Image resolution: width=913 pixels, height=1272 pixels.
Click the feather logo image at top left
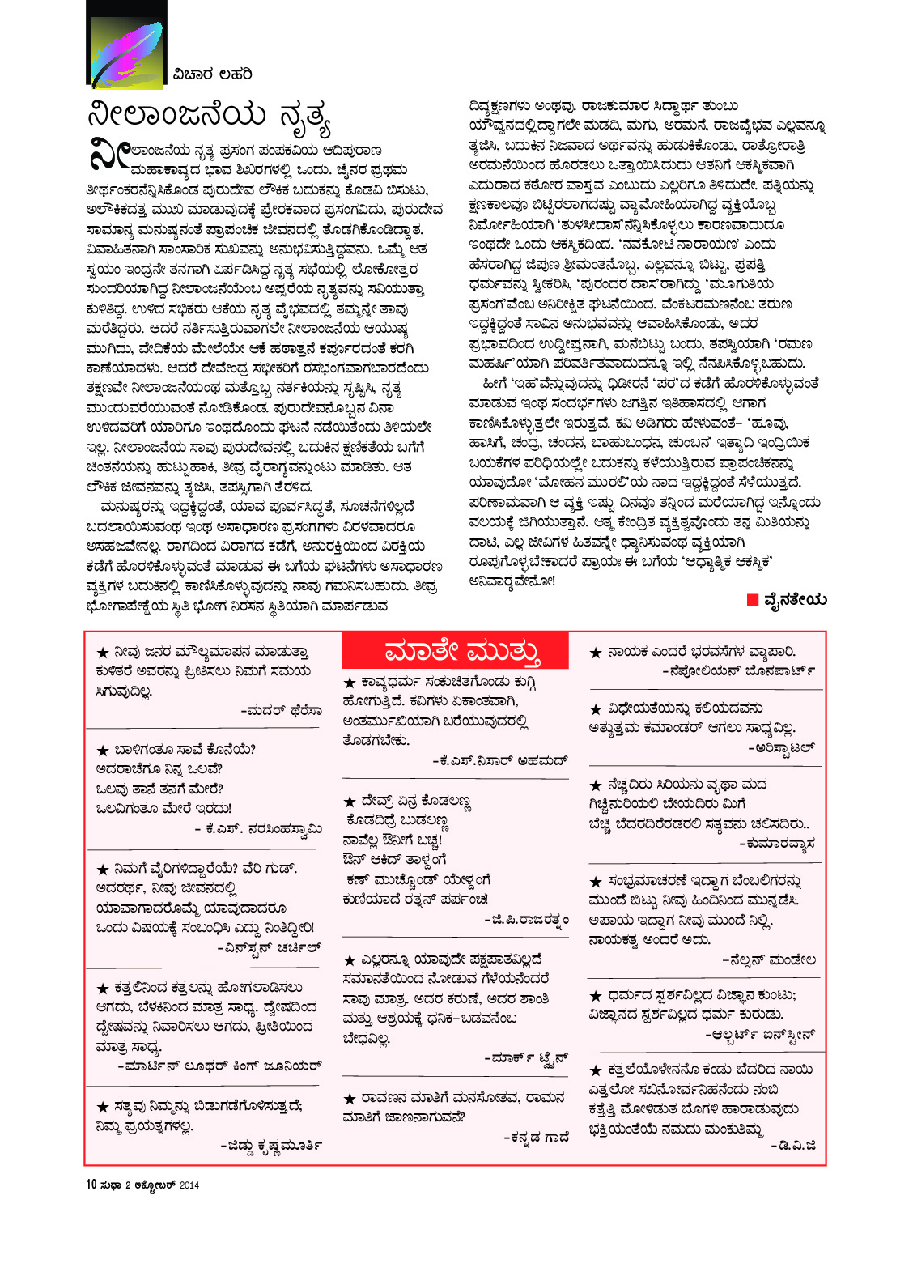125,45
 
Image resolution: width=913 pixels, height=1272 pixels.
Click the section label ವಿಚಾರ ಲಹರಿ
212,74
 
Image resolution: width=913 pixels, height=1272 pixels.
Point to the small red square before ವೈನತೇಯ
753,600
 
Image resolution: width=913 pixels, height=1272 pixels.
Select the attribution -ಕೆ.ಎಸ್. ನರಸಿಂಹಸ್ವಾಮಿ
258,828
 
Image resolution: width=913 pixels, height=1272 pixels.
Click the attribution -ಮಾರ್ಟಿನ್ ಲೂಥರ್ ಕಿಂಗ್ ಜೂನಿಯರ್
219,1066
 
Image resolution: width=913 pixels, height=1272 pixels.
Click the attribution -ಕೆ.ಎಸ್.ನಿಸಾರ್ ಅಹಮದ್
500,760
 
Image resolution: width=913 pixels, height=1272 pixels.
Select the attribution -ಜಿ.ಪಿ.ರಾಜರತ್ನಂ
526,919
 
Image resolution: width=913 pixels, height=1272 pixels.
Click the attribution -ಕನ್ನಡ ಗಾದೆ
536,1137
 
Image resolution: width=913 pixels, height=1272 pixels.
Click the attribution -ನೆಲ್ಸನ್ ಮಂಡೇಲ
768,960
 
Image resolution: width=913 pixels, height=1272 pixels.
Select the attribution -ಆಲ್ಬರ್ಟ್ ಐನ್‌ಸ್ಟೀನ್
759,1035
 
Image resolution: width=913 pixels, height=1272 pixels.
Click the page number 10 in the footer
91,1185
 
